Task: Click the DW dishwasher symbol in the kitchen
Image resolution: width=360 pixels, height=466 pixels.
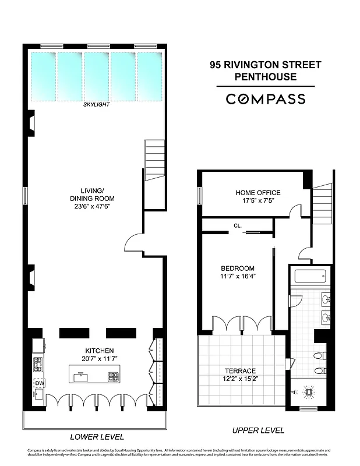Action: (39, 383)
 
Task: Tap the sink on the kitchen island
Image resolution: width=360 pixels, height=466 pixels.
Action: (81, 376)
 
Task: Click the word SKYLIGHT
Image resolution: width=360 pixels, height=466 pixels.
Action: (96, 105)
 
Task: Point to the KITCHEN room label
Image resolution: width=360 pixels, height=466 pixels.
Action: (96, 351)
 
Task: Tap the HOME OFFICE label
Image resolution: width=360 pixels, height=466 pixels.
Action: (257, 193)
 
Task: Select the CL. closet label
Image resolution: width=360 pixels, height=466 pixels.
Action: (238, 225)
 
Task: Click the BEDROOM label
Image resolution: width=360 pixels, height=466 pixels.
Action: (238, 268)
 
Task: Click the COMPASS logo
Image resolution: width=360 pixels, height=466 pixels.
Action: (265, 99)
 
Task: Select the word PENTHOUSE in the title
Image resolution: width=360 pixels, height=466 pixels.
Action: (265, 76)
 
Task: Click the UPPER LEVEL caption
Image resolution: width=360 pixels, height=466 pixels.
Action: (258, 430)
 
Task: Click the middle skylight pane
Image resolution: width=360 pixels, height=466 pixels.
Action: (96, 75)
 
